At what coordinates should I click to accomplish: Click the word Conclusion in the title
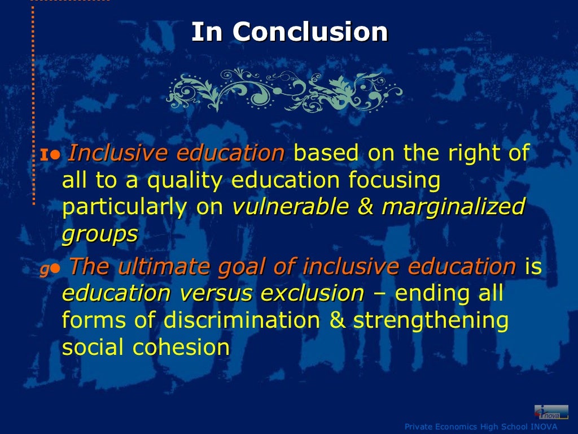point(311,32)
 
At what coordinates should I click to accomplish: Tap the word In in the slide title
point(205,32)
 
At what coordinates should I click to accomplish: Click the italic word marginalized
point(453,207)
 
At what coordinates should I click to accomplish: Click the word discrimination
point(249,320)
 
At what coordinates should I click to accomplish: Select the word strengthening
point(431,320)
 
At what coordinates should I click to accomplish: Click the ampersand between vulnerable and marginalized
point(366,207)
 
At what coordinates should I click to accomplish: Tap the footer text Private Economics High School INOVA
point(480,427)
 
